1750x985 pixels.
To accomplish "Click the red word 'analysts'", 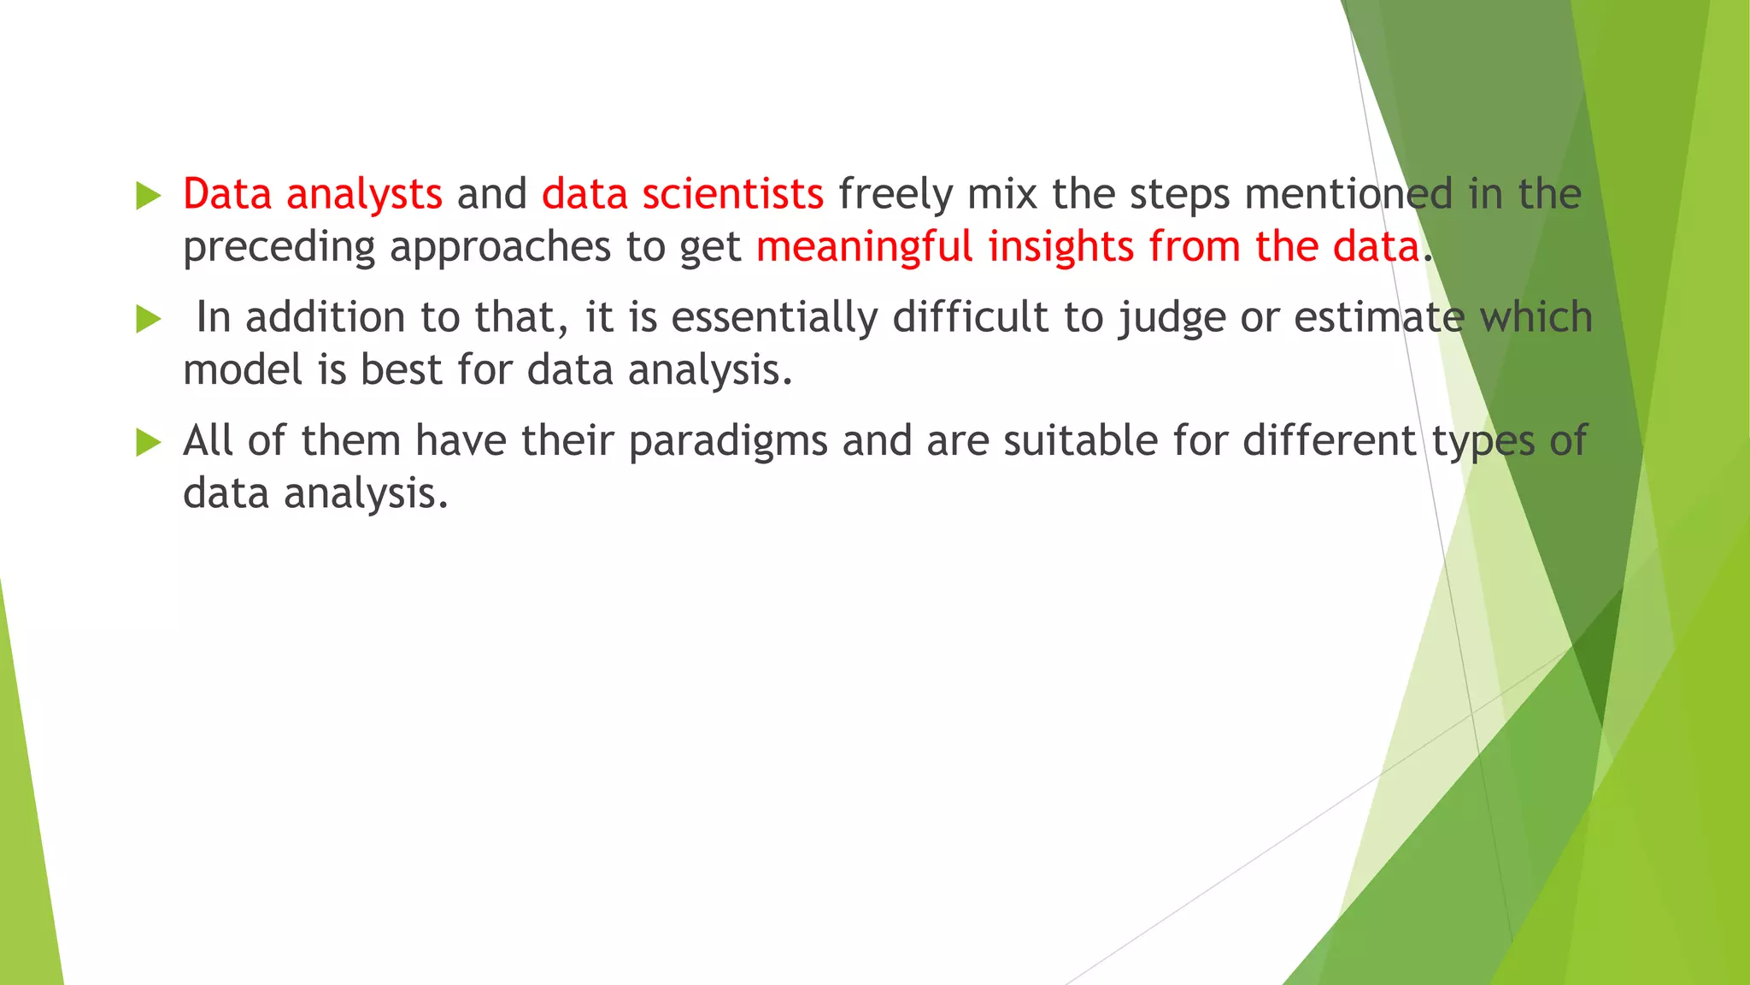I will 364,195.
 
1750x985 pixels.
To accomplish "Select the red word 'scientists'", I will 732,195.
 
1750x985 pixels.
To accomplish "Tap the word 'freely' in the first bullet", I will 895,195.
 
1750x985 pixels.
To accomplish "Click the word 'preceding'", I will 279,248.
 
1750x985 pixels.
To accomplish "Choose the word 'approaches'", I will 501,248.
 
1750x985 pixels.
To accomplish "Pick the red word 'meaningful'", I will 865,248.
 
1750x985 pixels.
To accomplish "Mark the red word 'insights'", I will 1060,248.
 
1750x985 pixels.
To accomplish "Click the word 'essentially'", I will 774,318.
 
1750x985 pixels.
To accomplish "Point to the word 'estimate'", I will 1379,318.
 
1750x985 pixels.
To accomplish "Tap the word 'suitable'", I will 1080,441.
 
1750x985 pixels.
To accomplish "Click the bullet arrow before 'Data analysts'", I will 149,196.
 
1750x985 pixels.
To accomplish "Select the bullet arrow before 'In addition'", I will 149,320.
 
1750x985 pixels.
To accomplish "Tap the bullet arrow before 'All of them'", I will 149,442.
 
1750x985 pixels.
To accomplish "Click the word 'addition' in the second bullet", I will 325,318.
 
